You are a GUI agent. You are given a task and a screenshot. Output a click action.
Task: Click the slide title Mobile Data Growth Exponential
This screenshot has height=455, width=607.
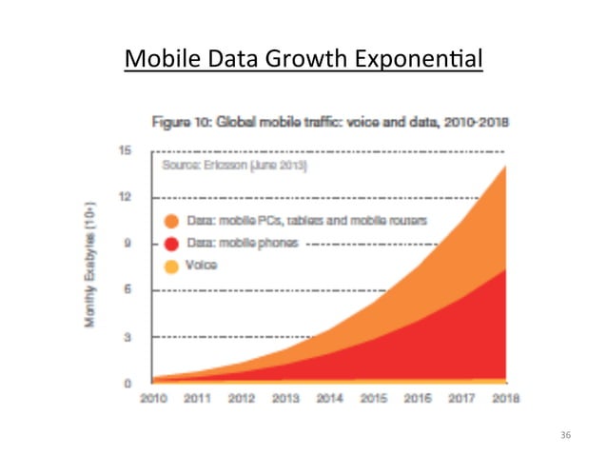tap(303, 61)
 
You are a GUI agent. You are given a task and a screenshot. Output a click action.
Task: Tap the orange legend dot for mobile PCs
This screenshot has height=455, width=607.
tap(171, 221)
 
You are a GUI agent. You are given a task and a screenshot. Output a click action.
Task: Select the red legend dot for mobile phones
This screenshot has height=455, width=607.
tap(171, 244)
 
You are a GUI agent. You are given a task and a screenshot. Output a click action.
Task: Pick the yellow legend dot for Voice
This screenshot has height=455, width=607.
tap(171, 267)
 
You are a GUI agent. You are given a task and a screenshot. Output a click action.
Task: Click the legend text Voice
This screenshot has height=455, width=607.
tap(202, 267)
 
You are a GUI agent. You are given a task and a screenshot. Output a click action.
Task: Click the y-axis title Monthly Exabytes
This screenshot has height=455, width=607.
tap(90, 266)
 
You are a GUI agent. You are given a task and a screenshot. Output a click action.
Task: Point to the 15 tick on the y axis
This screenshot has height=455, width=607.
tap(125, 150)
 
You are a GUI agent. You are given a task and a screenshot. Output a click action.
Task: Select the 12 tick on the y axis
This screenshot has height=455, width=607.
tap(125, 197)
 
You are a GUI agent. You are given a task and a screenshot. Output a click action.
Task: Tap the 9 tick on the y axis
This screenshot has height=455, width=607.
tap(127, 244)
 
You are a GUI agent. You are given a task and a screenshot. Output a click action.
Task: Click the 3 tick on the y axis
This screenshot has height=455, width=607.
tap(127, 337)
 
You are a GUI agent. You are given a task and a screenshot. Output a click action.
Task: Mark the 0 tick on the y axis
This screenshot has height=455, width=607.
tap(127, 383)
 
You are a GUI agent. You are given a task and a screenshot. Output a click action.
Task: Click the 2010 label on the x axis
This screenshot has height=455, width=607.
tap(154, 398)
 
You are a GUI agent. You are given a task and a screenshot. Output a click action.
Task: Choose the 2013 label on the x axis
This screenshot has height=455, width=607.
tap(285, 398)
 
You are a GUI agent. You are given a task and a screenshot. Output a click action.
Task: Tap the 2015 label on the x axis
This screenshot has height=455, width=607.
tap(374, 398)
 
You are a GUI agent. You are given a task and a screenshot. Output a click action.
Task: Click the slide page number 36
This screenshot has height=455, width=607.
tap(566, 435)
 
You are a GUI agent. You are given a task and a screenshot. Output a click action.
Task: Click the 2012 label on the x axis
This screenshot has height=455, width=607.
tap(242, 398)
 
